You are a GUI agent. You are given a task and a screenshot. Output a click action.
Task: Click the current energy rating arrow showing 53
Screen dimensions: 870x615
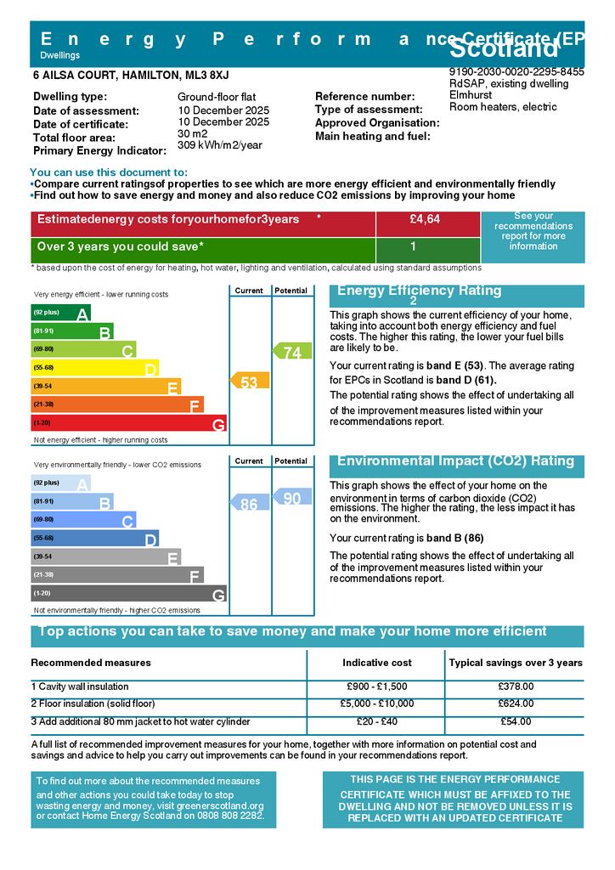(x=250, y=382)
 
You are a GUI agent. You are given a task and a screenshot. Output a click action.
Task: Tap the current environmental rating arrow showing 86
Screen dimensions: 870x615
(x=250, y=504)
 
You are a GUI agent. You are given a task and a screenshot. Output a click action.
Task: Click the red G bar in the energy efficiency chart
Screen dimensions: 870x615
(x=128, y=423)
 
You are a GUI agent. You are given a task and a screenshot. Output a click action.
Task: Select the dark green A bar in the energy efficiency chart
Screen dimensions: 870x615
(x=60, y=314)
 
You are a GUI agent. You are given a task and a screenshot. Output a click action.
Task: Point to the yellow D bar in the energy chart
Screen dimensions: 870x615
(x=94, y=368)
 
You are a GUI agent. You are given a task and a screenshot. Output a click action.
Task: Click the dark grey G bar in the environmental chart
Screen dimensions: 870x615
(x=128, y=594)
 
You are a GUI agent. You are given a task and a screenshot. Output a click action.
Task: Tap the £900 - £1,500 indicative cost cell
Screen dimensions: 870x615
(x=376, y=686)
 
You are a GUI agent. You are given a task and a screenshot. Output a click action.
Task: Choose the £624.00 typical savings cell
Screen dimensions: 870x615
(x=516, y=703)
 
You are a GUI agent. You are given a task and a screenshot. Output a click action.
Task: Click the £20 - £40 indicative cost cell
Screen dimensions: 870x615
(x=376, y=721)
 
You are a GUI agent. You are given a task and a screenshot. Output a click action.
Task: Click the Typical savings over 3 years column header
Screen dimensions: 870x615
(x=516, y=663)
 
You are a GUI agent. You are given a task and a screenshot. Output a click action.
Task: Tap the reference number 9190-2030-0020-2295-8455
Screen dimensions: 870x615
(x=516, y=72)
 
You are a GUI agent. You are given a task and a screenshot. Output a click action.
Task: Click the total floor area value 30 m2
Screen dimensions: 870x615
(x=193, y=134)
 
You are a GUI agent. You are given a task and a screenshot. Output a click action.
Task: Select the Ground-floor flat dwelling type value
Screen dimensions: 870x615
(x=217, y=97)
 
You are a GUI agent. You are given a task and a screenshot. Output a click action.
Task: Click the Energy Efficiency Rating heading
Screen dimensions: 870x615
(x=420, y=291)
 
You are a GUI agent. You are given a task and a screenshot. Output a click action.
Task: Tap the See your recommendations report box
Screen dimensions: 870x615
(x=533, y=232)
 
